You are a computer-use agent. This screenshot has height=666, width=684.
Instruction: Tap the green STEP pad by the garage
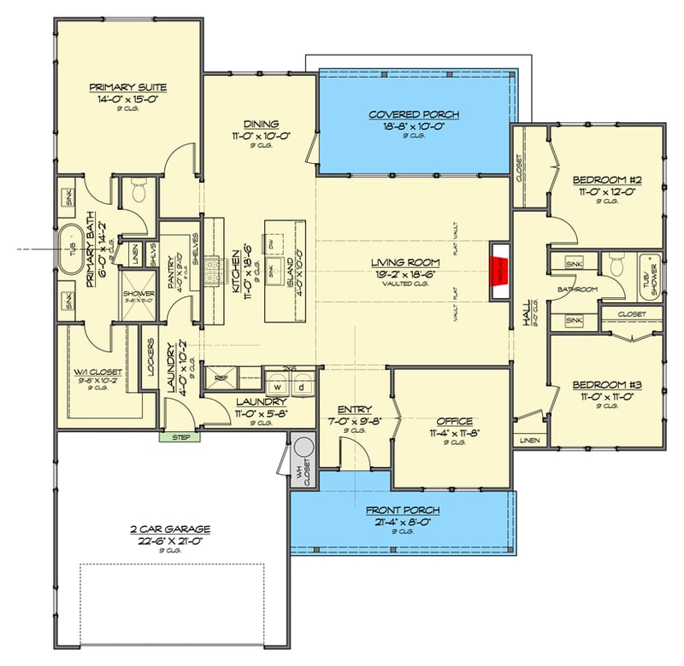180,437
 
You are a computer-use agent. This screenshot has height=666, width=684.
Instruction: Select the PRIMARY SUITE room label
128,87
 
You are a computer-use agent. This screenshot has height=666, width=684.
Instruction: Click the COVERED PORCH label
414,114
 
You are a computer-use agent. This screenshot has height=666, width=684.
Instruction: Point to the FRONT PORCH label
403,511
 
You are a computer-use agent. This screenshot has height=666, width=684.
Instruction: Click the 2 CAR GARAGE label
154,529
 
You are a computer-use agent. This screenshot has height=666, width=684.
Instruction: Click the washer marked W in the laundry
277,384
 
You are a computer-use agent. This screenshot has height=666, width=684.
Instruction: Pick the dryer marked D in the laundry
301,384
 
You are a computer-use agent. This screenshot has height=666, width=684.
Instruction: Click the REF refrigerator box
221,377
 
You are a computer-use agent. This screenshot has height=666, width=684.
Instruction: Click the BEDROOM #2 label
607,180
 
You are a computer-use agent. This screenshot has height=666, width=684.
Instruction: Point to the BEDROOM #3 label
607,384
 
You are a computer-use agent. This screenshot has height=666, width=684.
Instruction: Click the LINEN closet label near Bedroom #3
528,441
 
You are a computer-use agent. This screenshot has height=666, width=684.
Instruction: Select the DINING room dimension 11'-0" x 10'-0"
261,135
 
